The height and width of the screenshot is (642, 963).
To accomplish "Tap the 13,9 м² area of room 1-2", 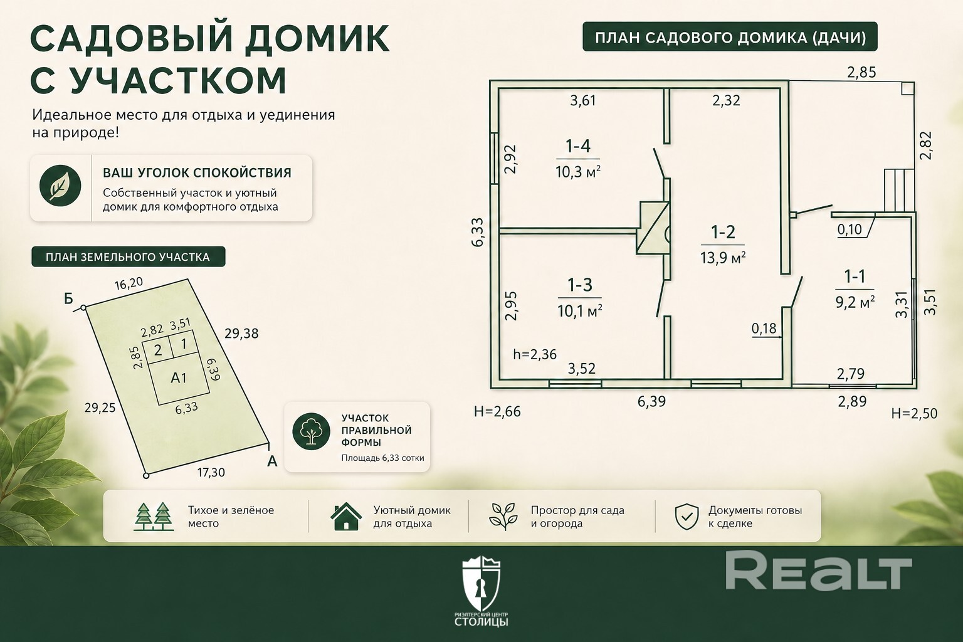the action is point(723,258).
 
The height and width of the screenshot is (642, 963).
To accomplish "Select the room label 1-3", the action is point(580,285).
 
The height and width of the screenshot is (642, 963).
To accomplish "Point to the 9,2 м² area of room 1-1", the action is point(855,302).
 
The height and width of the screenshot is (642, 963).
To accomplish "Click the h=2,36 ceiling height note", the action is point(535,354).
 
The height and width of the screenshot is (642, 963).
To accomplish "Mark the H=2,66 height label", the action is point(497,411).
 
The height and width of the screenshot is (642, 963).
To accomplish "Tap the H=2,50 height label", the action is point(915,413).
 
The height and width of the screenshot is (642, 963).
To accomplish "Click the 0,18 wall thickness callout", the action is point(764,329).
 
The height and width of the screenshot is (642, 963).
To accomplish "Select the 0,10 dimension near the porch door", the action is point(850,229).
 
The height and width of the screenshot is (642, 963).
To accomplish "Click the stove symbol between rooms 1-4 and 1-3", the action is point(653,228).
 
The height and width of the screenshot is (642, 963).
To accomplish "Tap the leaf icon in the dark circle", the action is point(60,186).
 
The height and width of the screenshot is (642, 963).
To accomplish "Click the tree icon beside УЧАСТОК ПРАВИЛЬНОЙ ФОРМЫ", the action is point(311,431).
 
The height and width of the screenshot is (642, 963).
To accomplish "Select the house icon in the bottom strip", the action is point(346,516).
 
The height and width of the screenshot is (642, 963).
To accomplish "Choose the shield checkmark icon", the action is point(687,517).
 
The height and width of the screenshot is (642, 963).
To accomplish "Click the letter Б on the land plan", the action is point(68,298).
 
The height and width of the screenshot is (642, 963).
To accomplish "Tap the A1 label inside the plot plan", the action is point(179,378).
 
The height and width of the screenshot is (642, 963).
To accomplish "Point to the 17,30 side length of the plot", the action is point(211,473).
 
